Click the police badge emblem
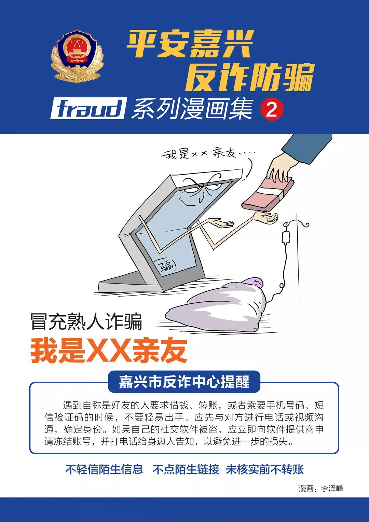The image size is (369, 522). coord(77,56)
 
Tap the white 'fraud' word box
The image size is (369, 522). coord(88,109)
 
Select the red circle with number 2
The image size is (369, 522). coord(272,110)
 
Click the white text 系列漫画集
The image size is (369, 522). coord(192,109)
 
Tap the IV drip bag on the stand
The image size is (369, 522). coord(286,237)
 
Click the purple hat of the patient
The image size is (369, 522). coord(253,282)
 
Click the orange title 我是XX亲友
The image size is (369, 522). coord(109,351)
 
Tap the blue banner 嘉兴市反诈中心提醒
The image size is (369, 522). coord(184,382)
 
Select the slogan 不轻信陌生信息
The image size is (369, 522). coord(104,469)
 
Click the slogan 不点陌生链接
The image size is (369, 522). coord(186,469)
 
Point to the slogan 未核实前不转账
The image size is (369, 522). coord(265,469)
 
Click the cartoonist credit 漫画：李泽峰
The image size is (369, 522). coord(321,489)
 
